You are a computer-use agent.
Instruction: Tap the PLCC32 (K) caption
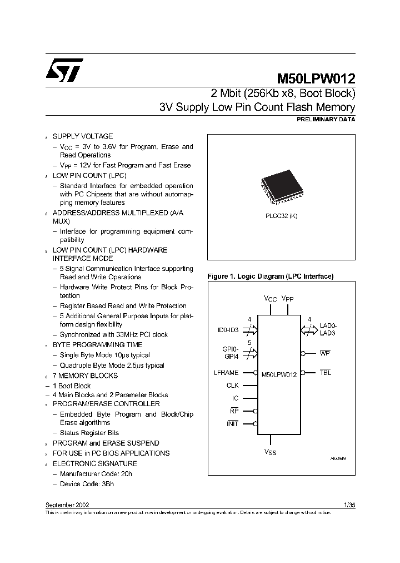tap(281, 216)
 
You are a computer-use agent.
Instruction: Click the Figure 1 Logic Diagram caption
tap(270, 276)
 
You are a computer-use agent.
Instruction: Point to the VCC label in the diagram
tap(270, 299)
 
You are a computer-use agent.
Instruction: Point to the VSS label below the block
tap(270, 452)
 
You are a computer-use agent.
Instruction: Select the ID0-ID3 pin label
tap(228, 330)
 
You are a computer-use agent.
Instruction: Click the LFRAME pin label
tap(226, 373)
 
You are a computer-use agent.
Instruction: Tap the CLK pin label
tap(232, 385)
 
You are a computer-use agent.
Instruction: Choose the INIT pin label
tap(232, 424)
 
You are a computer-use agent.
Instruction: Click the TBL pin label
tap(325, 373)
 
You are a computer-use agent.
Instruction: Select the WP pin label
tap(325, 353)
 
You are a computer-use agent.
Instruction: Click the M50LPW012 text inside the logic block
tap(279, 374)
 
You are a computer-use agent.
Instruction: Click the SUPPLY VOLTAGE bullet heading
tap(82, 136)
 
